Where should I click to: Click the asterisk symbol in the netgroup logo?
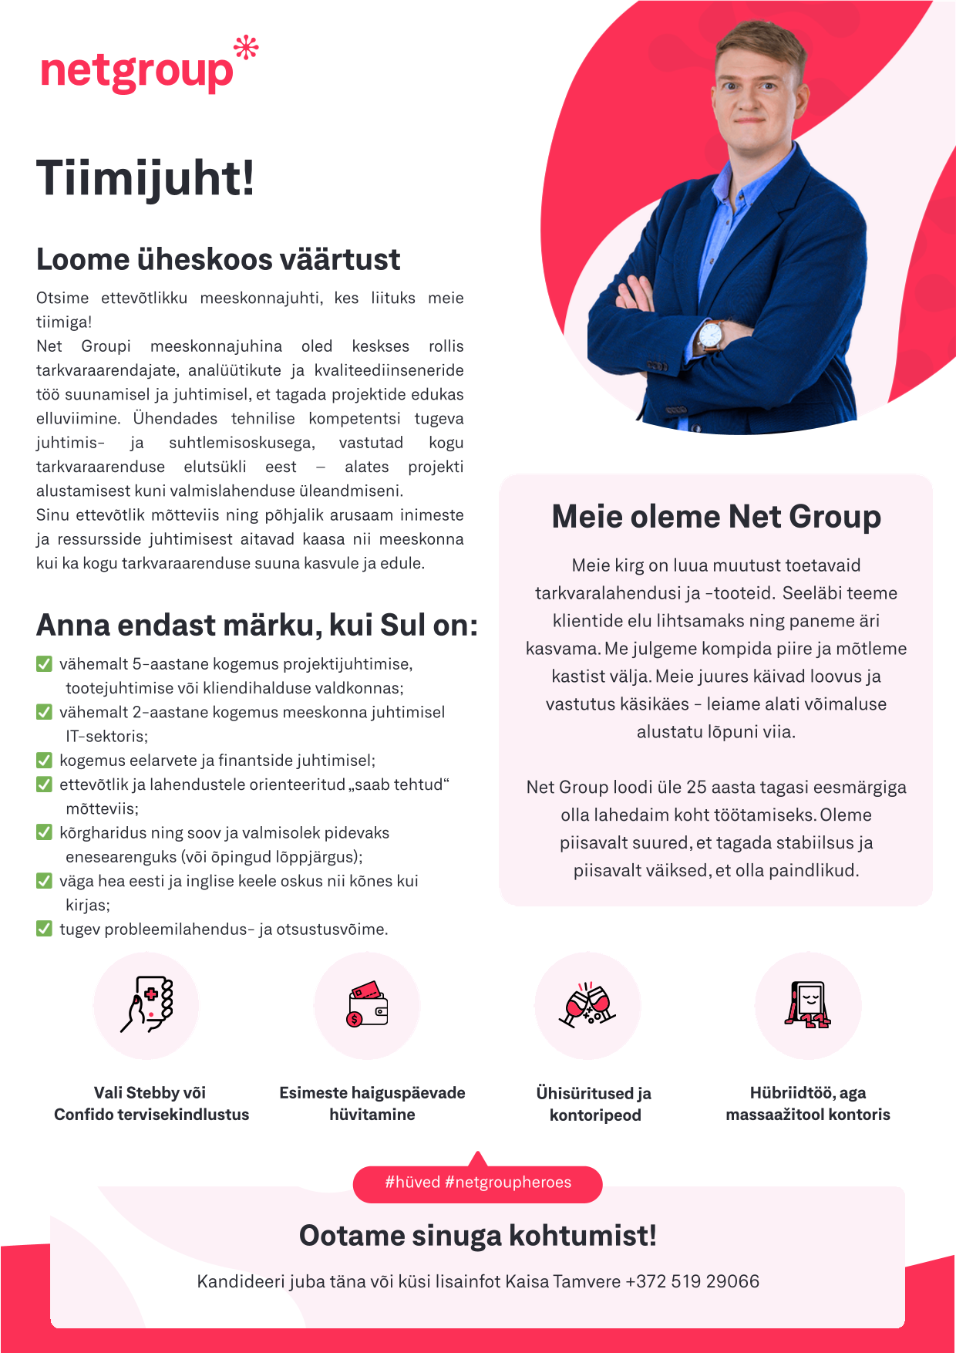[246, 49]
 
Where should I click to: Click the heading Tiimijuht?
[145, 178]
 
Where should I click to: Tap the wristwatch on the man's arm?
[710, 336]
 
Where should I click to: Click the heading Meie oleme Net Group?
[716, 517]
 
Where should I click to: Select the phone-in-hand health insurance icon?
[146, 1004]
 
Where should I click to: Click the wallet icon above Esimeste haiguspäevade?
[367, 1004]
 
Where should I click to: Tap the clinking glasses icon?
[587, 1004]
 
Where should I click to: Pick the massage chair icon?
[808, 1004]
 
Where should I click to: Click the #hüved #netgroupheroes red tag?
[478, 1183]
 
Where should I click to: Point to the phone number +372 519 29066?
[692, 1281]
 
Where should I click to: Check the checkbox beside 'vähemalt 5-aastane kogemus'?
[45, 664]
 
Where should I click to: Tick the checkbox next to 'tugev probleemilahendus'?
[45, 929]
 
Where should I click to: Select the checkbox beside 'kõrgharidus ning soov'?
[45, 832]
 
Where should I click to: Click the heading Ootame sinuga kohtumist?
[478, 1236]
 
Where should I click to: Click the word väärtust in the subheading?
[340, 260]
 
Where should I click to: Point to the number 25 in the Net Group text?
[696, 787]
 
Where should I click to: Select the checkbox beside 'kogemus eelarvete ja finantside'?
[45, 761]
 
